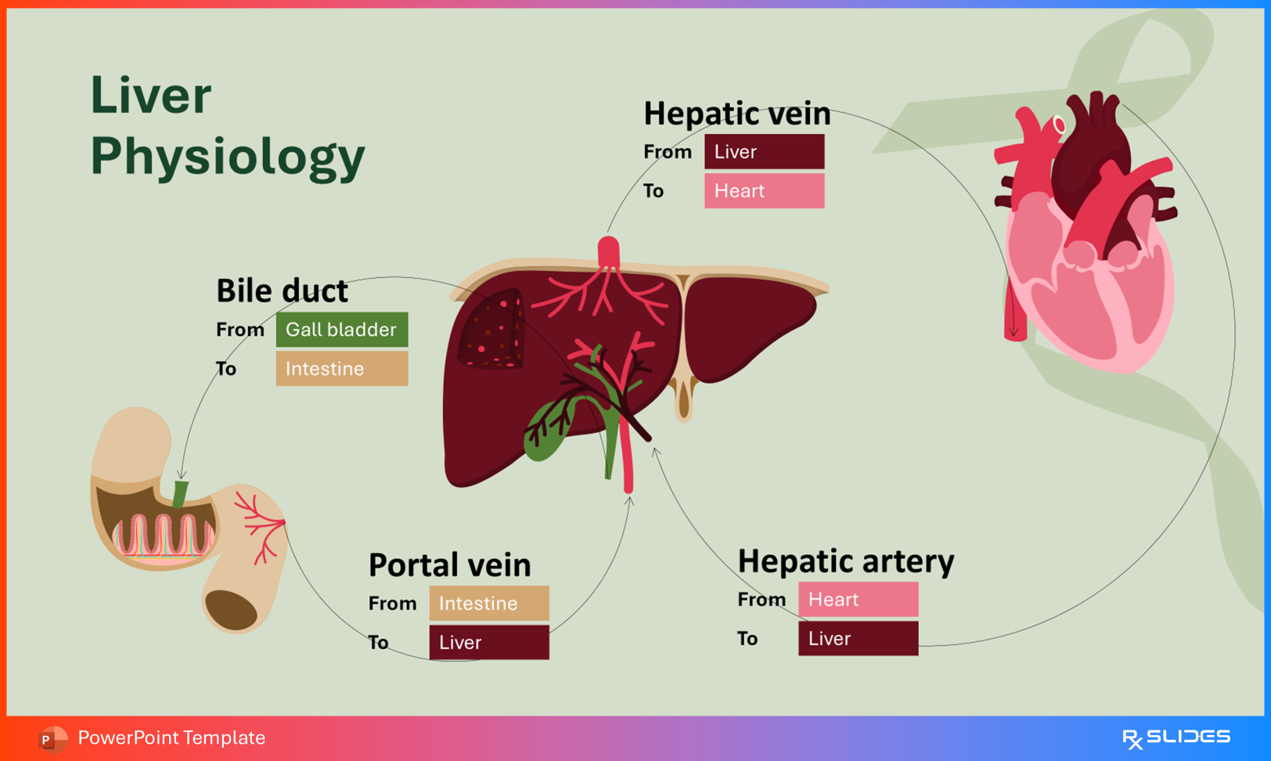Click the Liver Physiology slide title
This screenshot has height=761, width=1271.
coord(227,125)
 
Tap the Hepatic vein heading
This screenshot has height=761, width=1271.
coord(736,114)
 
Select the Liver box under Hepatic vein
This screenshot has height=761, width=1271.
coord(764,152)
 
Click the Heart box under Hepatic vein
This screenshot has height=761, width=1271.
coord(764,191)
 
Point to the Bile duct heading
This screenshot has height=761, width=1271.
coord(282,290)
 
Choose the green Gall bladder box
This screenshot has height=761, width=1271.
coord(341,330)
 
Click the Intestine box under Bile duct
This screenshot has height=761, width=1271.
coord(341,369)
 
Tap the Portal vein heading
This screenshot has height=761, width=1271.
coord(449,564)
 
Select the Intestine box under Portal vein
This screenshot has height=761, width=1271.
coord(488,604)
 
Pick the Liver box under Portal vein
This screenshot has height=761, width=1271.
coord(488,643)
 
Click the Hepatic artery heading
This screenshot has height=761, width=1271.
coord(845,561)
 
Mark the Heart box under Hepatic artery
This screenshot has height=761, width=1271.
coord(858,600)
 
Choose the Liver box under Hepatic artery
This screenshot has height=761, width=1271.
coord(858,639)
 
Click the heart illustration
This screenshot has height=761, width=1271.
coord(1088,235)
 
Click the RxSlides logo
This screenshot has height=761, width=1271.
coord(1176,738)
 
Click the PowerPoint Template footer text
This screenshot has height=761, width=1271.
coord(171,738)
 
